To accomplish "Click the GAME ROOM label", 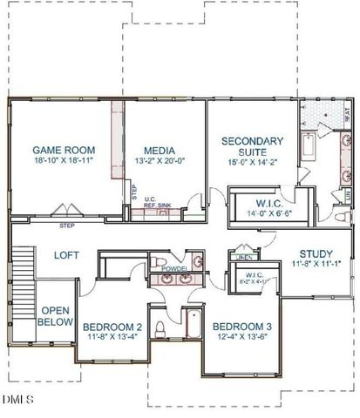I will [64, 150].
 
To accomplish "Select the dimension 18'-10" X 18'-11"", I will [64, 162].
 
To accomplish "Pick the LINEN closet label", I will [245, 258].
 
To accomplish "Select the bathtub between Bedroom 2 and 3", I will [193, 325].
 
